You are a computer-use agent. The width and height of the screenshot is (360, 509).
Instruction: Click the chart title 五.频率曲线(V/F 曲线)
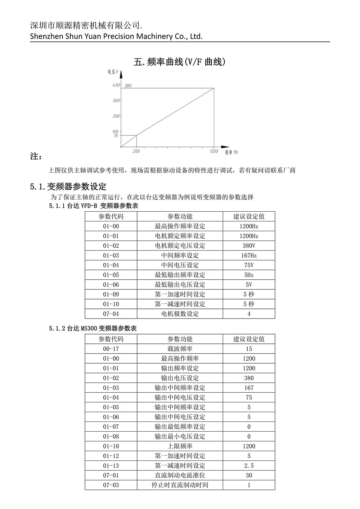[x=179, y=62]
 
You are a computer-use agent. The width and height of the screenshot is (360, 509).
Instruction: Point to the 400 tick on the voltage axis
[x=116, y=85]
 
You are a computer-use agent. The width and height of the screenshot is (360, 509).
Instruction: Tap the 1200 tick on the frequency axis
[x=214, y=152]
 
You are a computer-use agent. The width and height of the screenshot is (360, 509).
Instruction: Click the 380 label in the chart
[x=128, y=86]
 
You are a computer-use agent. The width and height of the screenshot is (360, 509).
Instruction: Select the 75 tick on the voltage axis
[x=116, y=136]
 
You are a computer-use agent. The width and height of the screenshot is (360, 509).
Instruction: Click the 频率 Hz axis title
[x=231, y=152]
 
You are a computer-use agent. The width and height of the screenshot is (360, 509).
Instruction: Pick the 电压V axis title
[x=113, y=72]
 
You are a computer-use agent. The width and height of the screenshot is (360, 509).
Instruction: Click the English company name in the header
[x=116, y=36]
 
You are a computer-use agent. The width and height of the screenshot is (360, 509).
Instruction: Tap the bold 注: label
[x=36, y=157]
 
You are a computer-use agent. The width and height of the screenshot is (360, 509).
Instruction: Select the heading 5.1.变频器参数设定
[x=68, y=186]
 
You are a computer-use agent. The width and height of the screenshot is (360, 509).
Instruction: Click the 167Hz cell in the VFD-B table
[x=249, y=256]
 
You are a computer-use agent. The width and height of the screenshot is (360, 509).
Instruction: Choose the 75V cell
[x=249, y=265]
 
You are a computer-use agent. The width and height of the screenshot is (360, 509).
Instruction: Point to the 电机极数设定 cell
[x=180, y=314]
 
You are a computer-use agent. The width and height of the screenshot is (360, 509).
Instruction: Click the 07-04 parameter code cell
[x=111, y=314]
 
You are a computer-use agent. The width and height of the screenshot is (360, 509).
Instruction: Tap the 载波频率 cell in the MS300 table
[x=180, y=349]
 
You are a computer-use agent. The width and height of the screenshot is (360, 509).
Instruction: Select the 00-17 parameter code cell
[x=111, y=349]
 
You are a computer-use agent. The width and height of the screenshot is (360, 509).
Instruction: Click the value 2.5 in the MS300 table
[x=249, y=466]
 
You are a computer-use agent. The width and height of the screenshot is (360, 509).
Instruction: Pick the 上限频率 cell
[x=180, y=446]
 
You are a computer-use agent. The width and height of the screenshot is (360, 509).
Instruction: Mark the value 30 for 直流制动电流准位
[x=249, y=476]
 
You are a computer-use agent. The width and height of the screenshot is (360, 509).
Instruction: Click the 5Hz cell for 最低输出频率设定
[x=249, y=275]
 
